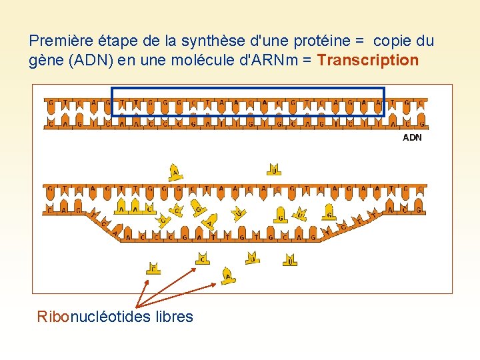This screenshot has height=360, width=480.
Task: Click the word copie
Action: [x=388, y=41]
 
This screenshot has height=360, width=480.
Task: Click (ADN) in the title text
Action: [x=83, y=61]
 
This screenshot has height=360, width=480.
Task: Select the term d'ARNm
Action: [x=269, y=61]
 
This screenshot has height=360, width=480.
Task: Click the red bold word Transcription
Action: [x=368, y=61]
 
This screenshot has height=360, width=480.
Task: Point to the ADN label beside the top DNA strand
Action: [x=412, y=138]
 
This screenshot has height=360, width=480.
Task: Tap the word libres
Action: [x=174, y=317]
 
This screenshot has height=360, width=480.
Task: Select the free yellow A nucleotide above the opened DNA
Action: [x=175, y=172]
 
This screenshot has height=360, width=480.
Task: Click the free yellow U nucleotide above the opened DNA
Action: [x=273, y=169]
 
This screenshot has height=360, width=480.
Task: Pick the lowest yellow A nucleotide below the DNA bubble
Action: [x=229, y=275]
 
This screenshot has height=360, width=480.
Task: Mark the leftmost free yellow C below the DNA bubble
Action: [x=153, y=267]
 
